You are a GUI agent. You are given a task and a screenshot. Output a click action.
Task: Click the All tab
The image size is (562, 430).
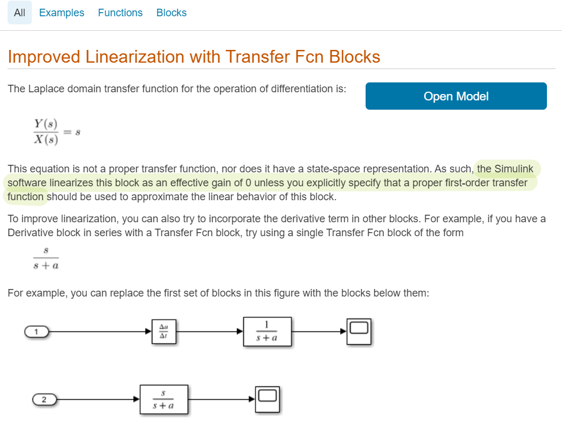(x=20, y=13)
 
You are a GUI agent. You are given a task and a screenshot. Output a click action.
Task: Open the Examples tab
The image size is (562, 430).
(x=61, y=13)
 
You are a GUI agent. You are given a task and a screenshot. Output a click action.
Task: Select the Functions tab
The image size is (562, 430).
(x=120, y=13)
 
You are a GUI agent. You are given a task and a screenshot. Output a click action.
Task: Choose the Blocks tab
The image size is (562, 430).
(x=171, y=13)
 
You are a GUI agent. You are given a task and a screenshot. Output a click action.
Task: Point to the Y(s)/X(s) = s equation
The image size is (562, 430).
(x=57, y=131)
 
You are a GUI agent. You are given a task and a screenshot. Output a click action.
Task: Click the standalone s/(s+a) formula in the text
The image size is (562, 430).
(x=46, y=258)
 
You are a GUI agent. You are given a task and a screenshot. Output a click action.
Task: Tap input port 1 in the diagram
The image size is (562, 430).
(x=36, y=332)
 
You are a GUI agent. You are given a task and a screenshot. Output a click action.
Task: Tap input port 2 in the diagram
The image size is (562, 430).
(x=45, y=399)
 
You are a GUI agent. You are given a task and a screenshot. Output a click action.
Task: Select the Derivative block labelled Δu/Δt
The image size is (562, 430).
(x=164, y=332)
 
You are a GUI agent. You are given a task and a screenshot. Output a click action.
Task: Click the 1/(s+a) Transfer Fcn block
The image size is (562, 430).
(x=267, y=332)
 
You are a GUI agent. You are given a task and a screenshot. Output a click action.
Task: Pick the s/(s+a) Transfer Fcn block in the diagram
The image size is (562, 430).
(x=164, y=399)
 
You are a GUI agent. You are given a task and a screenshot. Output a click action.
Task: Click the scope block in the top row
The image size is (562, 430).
(x=359, y=332)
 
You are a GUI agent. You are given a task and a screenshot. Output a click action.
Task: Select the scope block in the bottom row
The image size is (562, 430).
(x=267, y=399)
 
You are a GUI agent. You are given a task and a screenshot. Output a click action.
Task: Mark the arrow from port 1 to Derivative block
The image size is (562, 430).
(x=100, y=332)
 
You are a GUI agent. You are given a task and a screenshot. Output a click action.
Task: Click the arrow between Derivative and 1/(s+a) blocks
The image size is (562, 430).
(x=210, y=332)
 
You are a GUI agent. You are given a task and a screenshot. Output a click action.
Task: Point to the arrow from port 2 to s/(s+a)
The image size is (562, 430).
(x=98, y=399)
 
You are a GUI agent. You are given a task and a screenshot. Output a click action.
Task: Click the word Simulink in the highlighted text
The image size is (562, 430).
(x=514, y=169)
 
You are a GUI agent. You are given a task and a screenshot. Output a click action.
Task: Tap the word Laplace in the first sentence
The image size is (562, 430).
(x=46, y=89)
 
